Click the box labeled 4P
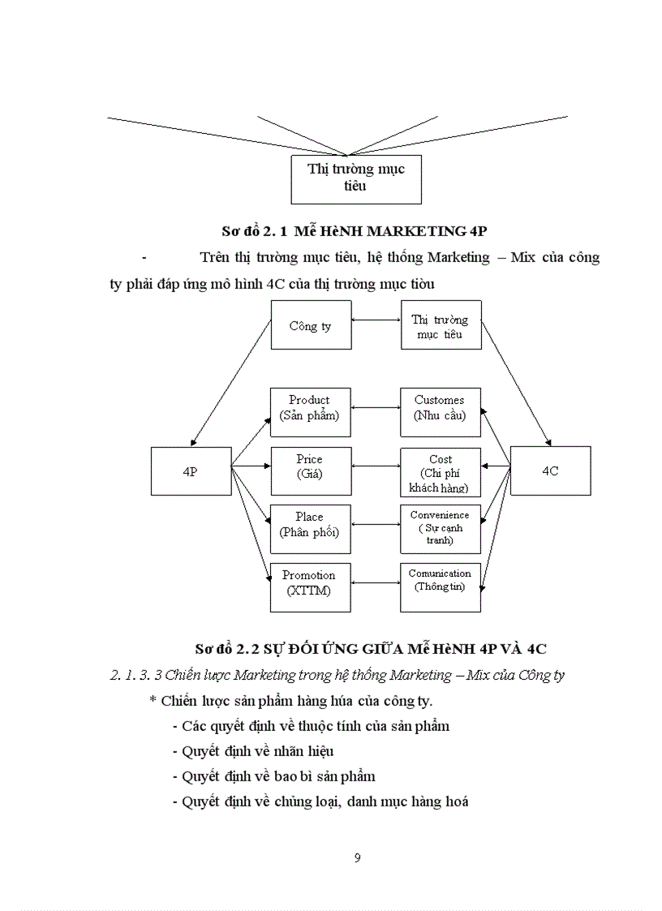(x=191, y=471)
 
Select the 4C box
(x=550, y=471)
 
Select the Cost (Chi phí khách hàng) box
(x=440, y=471)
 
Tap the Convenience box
(x=440, y=528)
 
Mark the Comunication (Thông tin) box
(x=440, y=584)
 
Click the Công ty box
(x=311, y=324)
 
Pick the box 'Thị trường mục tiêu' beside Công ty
(x=440, y=324)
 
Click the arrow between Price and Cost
(x=376, y=466)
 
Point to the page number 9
(x=358, y=858)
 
